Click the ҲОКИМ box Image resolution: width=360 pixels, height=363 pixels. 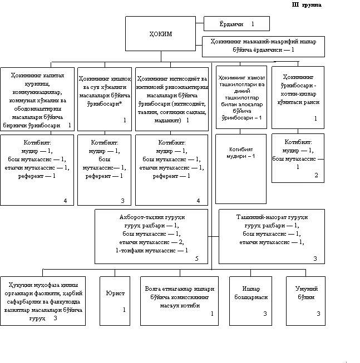click(x=160, y=34)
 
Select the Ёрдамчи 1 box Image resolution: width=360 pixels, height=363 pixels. click(x=236, y=24)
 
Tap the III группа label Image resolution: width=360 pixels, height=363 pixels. click(x=306, y=6)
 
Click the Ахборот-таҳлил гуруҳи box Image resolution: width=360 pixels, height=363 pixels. click(x=151, y=236)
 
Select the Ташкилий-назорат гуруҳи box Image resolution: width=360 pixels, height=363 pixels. click(x=272, y=236)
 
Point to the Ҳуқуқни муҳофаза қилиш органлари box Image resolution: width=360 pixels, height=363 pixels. click(x=43, y=300)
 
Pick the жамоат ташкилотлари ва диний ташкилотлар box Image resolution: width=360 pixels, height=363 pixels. click(x=241, y=97)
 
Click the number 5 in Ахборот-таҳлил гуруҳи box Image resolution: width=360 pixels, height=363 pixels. click(x=196, y=258)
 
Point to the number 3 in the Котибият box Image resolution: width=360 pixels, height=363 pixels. click(x=122, y=201)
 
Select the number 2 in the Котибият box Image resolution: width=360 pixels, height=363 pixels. click(x=316, y=176)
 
